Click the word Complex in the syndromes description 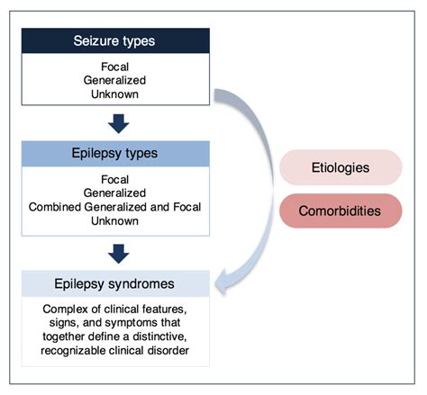pos(55,310)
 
